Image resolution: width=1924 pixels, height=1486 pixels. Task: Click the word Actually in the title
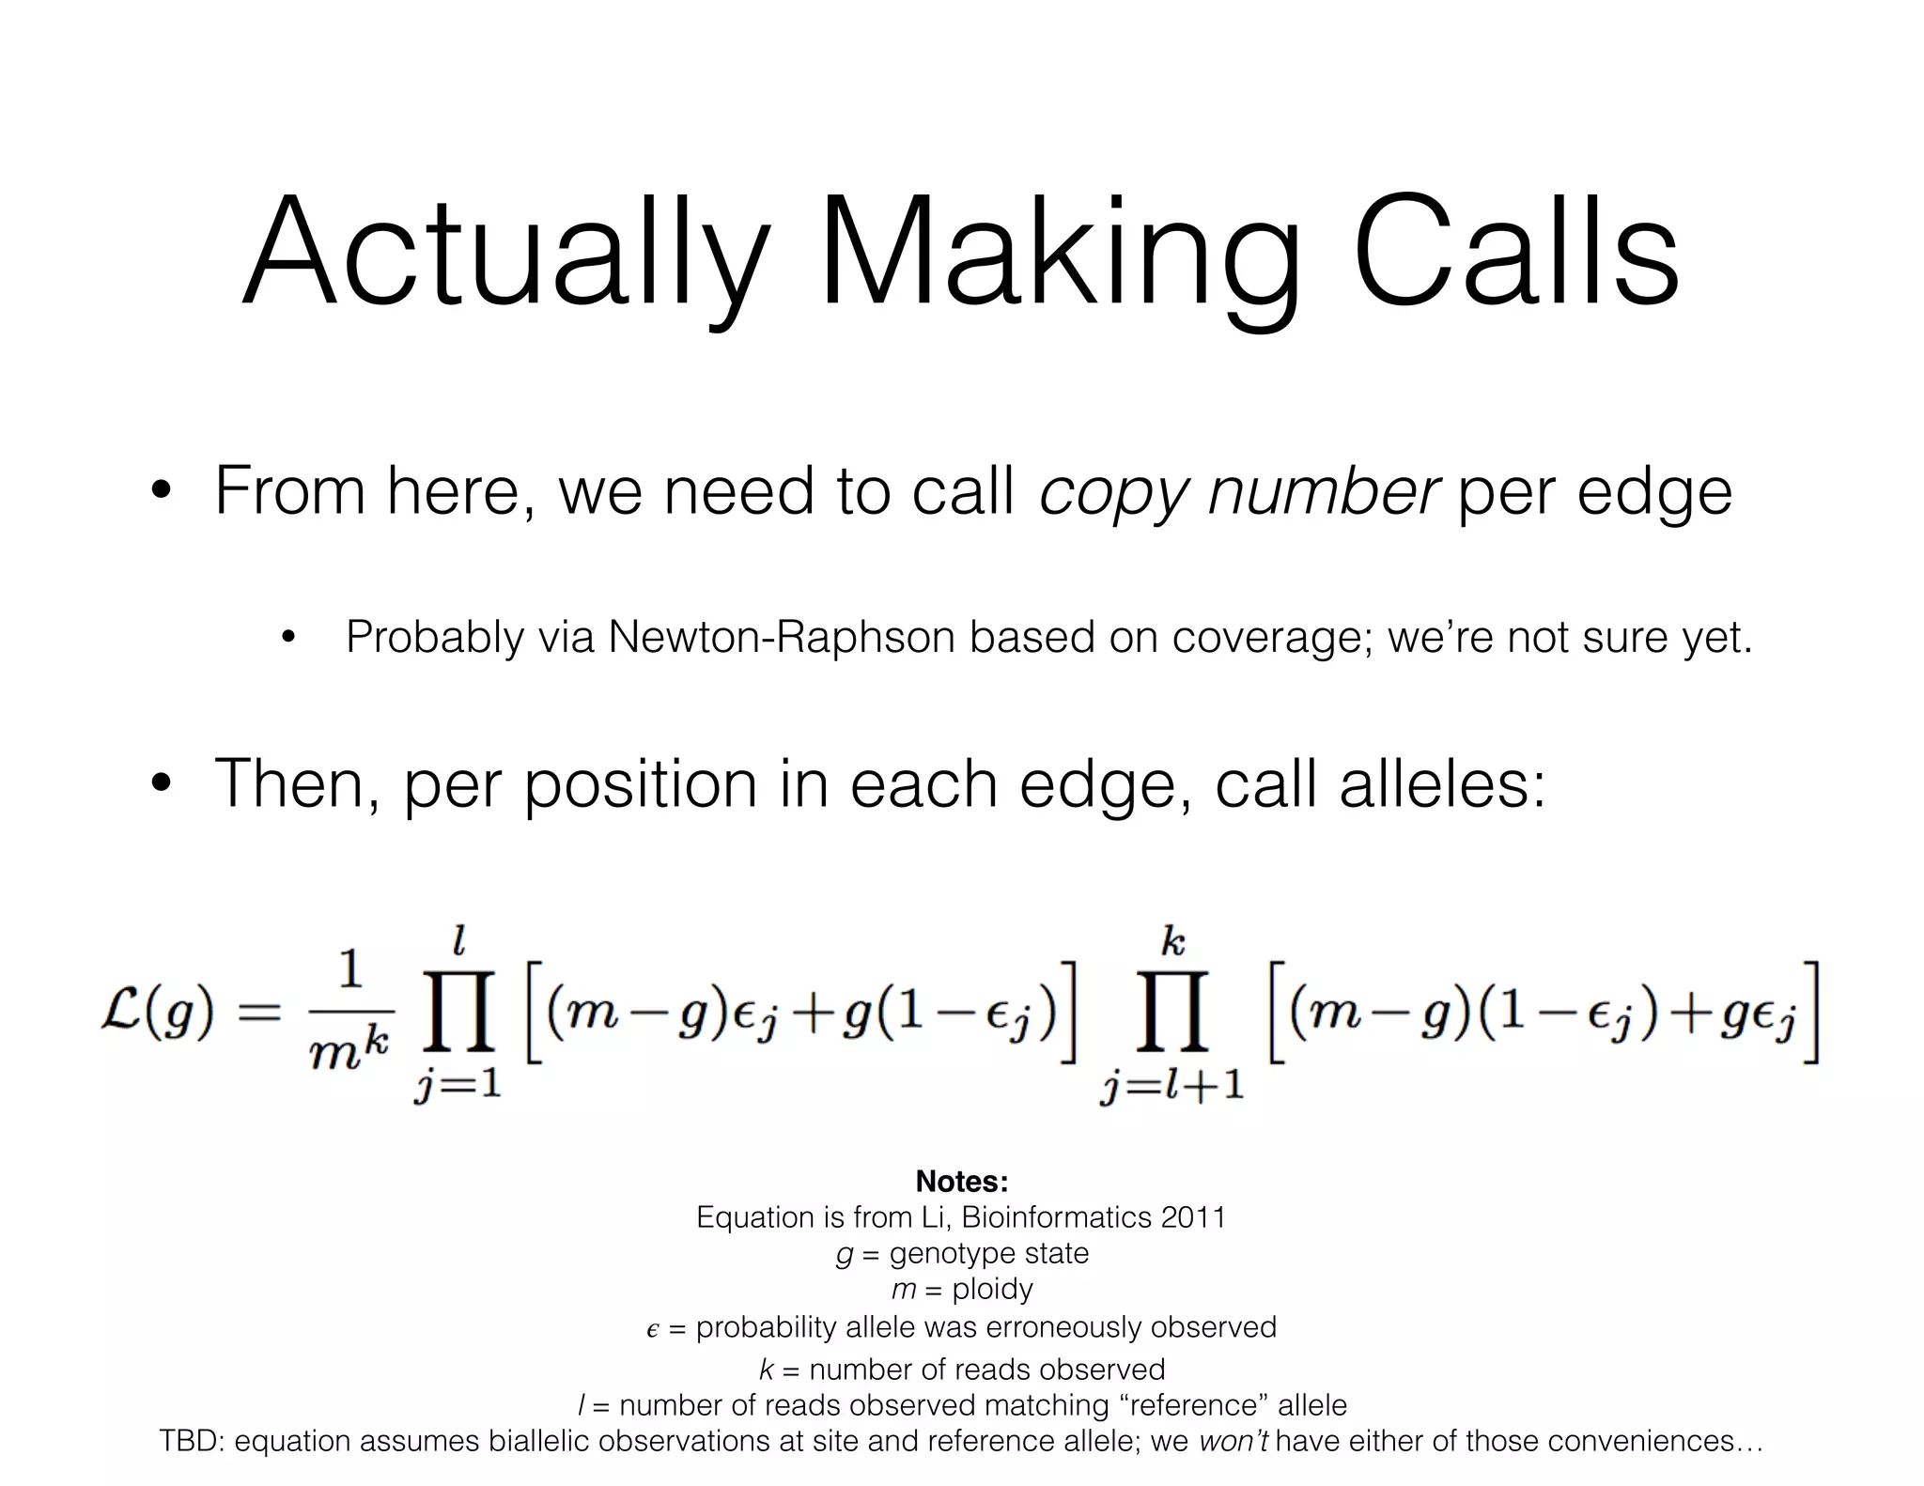click(498, 255)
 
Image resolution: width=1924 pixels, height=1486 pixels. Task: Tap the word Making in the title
click(1058, 255)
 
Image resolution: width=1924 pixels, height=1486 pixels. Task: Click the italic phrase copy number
click(1239, 491)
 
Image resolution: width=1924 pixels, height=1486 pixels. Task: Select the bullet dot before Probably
click(288, 639)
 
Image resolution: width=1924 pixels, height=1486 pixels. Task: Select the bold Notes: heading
click(961, 1181)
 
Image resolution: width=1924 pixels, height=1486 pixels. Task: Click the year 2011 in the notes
click(1193, 1217)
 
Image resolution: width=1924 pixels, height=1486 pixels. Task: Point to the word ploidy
click(992, 1289)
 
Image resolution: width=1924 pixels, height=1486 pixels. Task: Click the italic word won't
click(1234, 1441)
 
